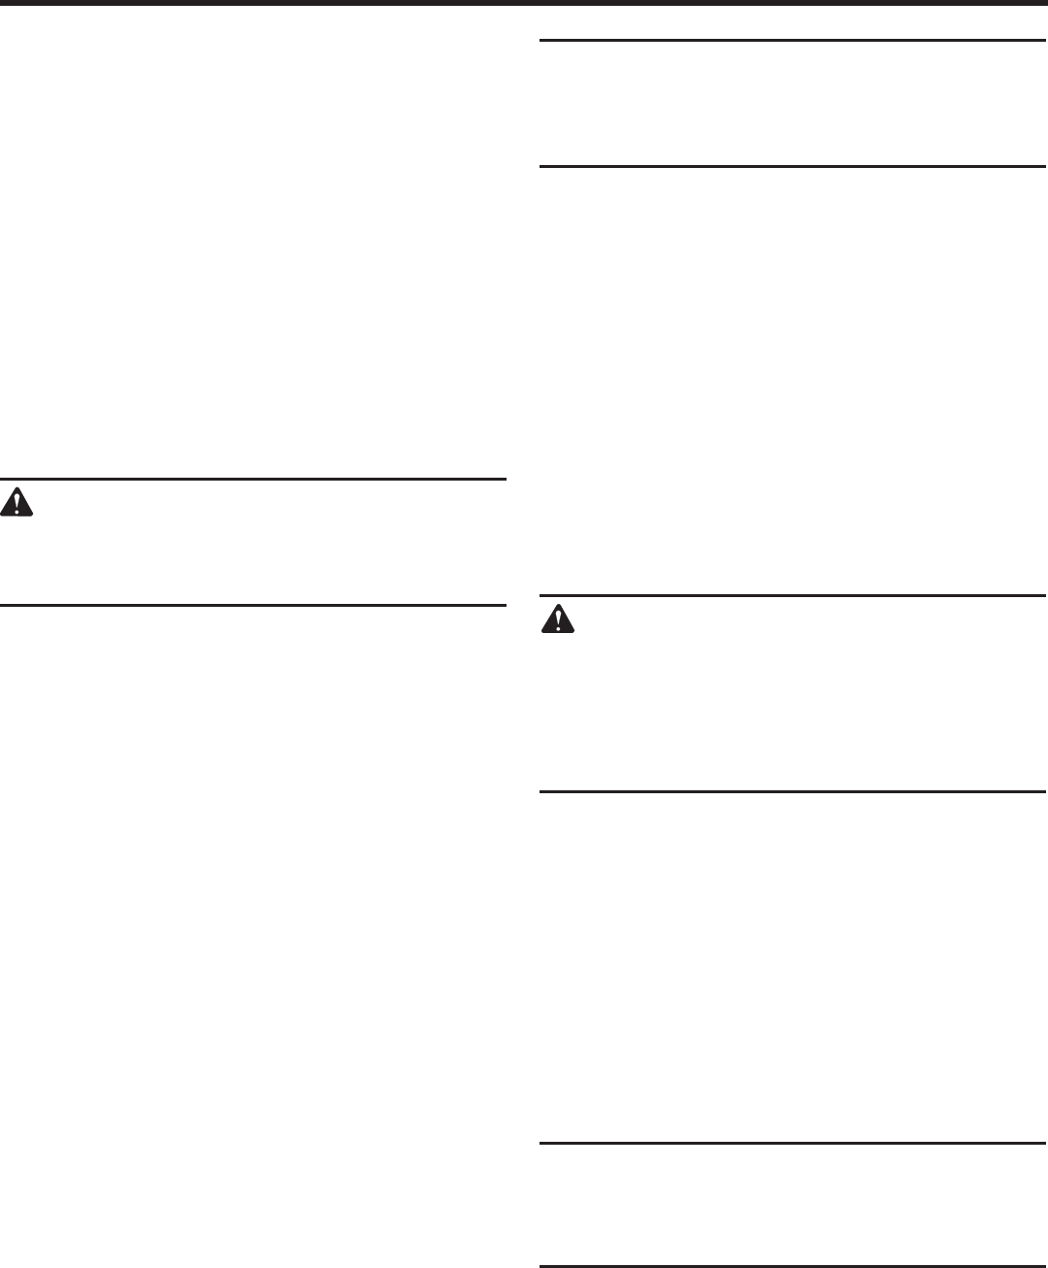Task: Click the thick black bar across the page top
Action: click(x=524, y=4)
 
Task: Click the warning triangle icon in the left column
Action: click(x=16, y=502)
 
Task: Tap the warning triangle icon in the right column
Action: click(x=557, y=618)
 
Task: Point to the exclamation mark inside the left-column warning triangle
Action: click(x=16, y=504)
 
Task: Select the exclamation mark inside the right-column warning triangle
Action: click(x=557, y=620)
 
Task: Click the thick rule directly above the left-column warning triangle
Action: click(x=253, y=479)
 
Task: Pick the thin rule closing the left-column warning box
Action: click(x=253, y=606)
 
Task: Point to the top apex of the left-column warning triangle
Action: click(x=16, y=487)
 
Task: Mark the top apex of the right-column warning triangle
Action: click(x=557, y=604)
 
